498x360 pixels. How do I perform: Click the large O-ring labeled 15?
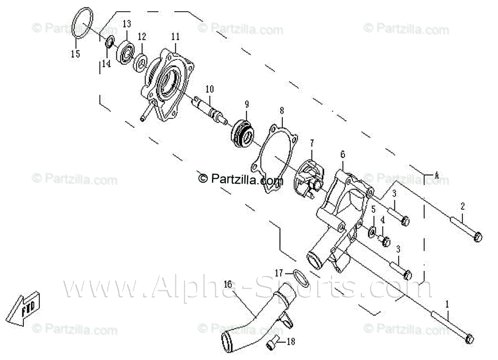click(80, 24)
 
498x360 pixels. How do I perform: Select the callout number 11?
click(175, 36)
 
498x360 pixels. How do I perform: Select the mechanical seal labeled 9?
click(243, 131)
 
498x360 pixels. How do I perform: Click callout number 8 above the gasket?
click(282, 111)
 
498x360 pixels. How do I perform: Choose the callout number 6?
click(343, 155)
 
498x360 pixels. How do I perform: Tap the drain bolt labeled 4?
click(385, 241)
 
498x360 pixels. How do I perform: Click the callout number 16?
click(229, 285)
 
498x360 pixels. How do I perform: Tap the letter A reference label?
click(436, 175)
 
